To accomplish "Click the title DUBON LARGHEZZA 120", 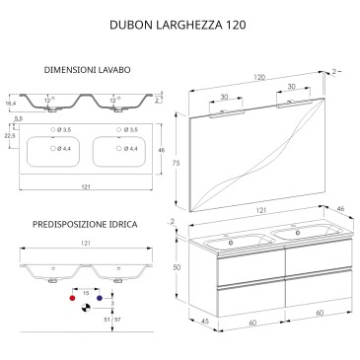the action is pos(178,26).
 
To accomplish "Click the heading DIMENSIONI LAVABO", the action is pos(87,70).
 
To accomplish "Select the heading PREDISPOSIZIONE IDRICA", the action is pos(85,225).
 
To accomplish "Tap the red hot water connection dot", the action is pos(72,298).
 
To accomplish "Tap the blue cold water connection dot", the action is pos(100,298).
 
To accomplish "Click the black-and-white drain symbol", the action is pos(86,308).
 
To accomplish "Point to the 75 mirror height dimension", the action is pos(177,163).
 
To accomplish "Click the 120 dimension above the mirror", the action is pos(259,78).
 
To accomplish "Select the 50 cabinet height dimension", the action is pos(177,267).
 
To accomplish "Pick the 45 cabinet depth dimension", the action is pos(204,322).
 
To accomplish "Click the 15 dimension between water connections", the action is pos(86,293).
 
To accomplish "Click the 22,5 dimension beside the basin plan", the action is pos(11,136).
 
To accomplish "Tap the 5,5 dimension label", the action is pos(18,118).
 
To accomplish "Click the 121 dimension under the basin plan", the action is pos(86,187).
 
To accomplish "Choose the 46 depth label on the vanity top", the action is pos(341,209).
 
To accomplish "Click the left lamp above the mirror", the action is pos(226,112).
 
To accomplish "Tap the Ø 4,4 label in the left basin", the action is pos(64,149).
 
